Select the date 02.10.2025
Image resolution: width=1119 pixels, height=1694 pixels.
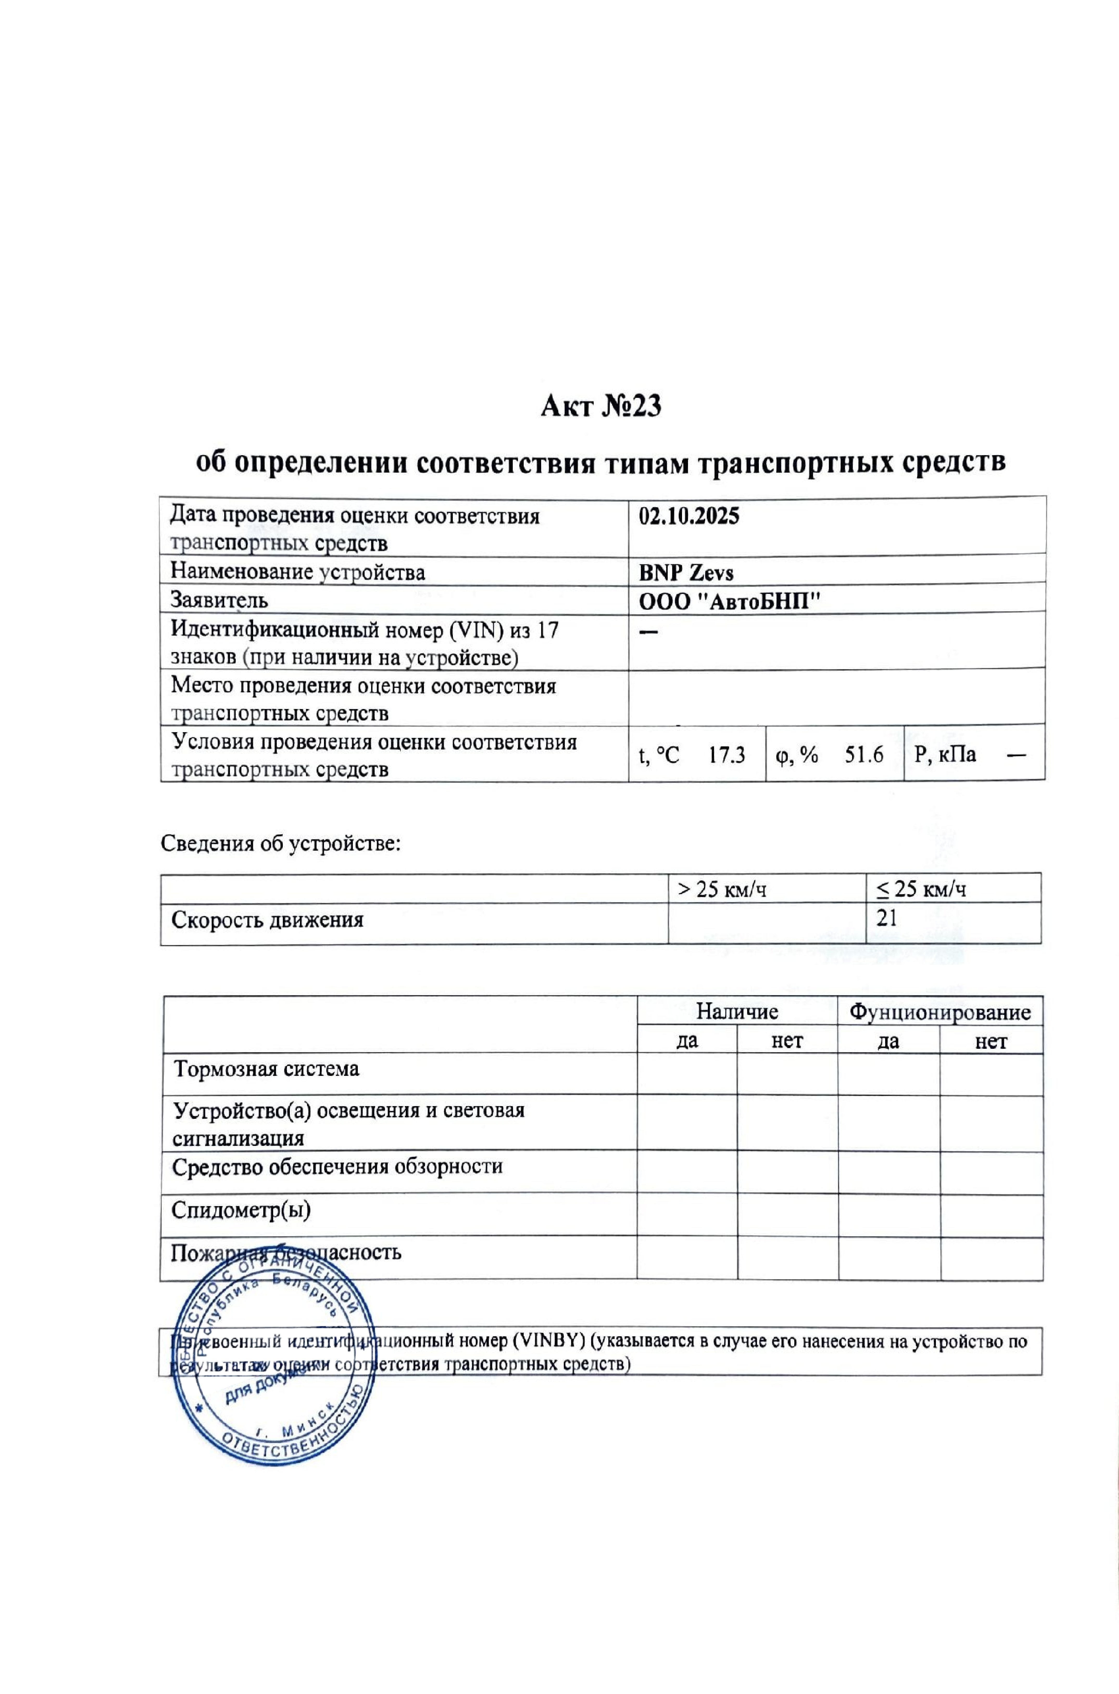tap(689, 516)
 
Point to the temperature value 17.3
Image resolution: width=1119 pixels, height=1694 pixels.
tap(727, 754)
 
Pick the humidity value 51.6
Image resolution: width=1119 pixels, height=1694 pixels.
tap(864, 754)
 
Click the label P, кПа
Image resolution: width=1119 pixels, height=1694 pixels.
tap(945, 754)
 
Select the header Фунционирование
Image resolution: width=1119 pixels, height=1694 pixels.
tap(939, 1012)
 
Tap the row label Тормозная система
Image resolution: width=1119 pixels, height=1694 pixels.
tap(267, 1069)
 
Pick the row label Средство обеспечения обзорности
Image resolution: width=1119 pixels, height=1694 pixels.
tap(337, 1167)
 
